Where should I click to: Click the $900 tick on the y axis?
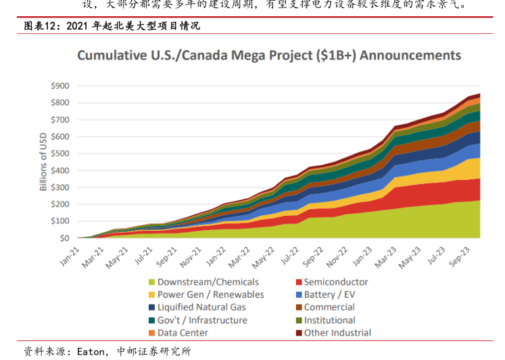[x=60, y=86]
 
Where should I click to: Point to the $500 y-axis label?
[x=60, y=154]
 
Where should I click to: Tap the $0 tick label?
[x=65, y=238]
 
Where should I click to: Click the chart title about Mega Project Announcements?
[x=269, y=55]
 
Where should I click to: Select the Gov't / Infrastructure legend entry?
[x=202, y=320]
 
